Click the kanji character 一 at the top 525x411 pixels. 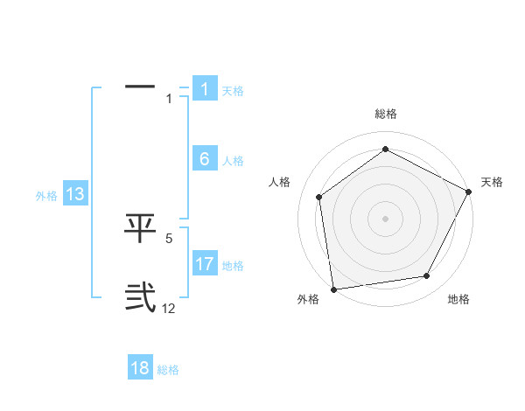point(140,87)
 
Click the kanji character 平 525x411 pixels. point(140,229)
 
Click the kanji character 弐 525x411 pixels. point(140,298)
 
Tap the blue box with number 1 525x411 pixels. point(204,89)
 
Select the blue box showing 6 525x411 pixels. point(204,159)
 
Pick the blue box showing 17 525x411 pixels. point(204,264)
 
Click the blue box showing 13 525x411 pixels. point(75,194)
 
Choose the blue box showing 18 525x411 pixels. point(140,368)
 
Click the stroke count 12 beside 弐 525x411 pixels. point(169,309)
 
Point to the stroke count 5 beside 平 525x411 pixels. point(169,238)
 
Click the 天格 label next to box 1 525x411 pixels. point(233,91)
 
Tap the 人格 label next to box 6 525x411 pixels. point(233,161)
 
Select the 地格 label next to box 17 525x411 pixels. point(233,266)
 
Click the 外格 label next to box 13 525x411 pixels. point(46,196)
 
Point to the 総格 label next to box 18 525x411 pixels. point(168,370)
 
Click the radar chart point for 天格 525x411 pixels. point(470,192)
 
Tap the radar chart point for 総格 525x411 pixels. point(385,150)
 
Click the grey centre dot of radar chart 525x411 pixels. point(385,218)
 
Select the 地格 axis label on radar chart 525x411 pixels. point(458,299)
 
